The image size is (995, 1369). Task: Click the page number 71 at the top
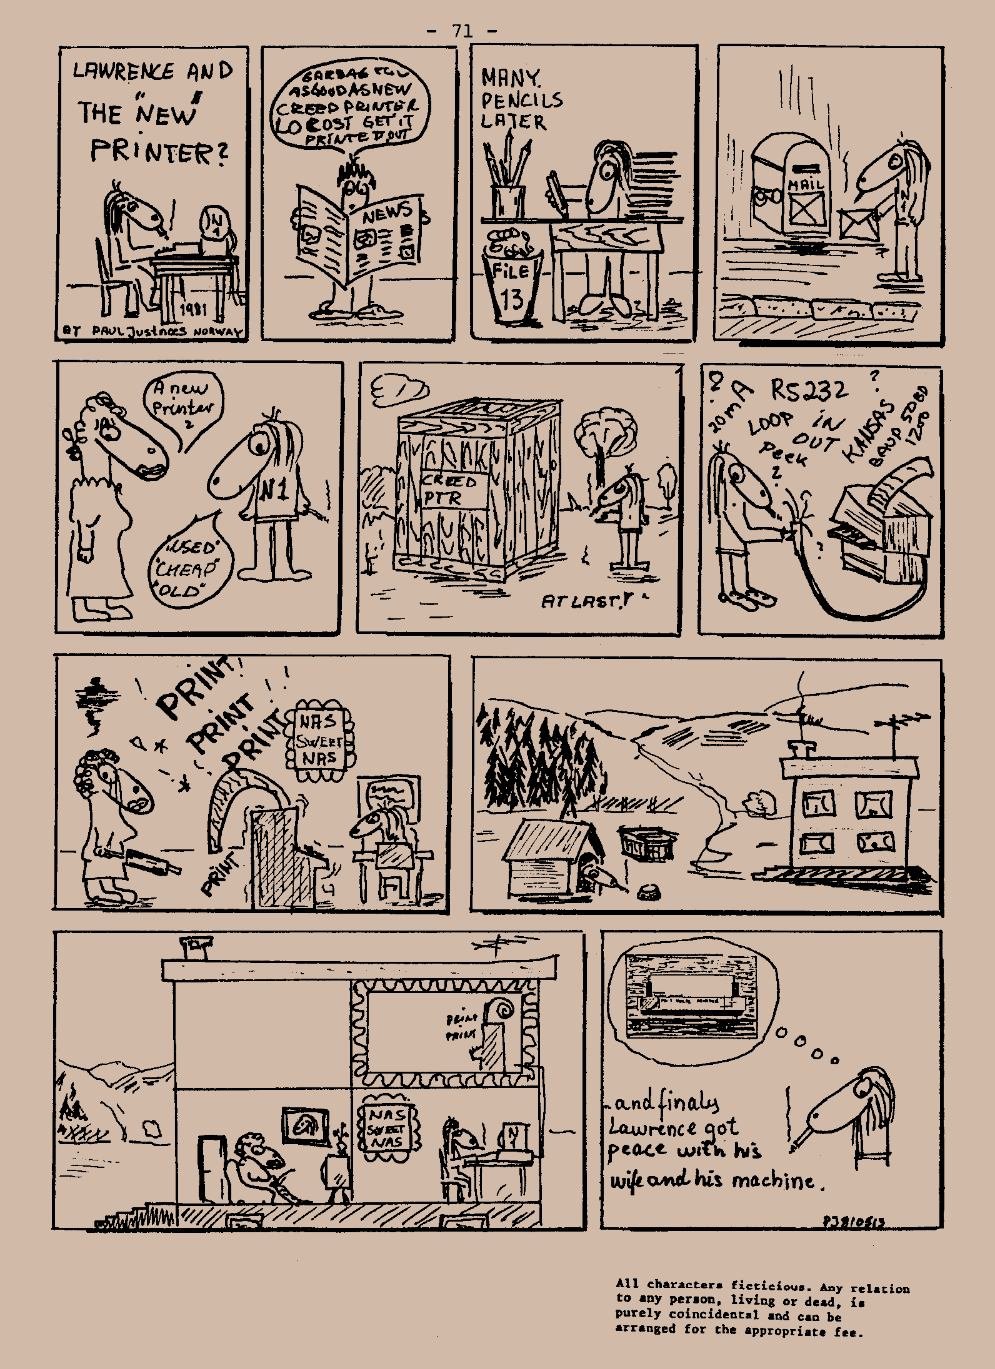point(462,31)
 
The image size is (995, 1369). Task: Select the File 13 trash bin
point(511,280)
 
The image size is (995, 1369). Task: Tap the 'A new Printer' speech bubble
point(182,406)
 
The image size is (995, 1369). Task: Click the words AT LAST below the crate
point(576,601)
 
